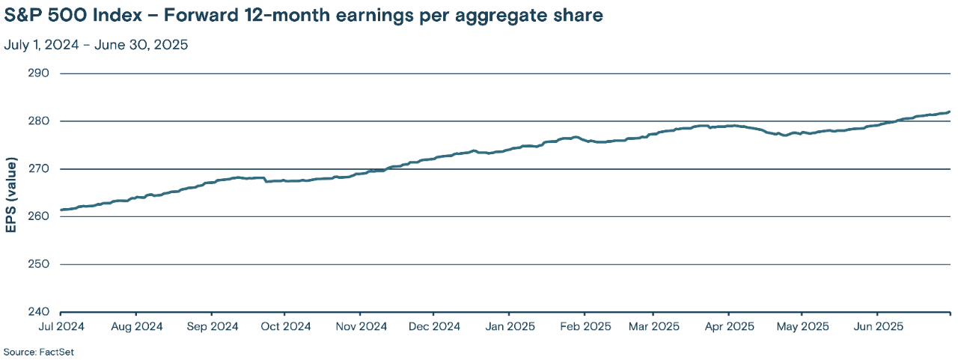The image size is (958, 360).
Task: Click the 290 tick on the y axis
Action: (x=38, y=73)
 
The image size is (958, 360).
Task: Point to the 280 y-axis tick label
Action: (x=38, y=121)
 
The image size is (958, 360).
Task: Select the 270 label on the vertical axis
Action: (x=38, y=169)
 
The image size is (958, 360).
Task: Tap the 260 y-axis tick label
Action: (x=38, y=216)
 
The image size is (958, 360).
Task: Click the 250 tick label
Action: (x=38, y=264)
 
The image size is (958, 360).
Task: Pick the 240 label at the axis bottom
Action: (x=38, y=312)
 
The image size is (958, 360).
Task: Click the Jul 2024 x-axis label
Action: (x=61, y=326)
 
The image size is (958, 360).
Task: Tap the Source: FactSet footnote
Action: (x=39, y=351)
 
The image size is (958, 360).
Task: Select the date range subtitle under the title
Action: (x=96, y=45)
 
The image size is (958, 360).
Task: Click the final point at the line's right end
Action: (x=949, y=112)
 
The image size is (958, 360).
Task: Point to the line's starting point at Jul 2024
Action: (x=61, y=210)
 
